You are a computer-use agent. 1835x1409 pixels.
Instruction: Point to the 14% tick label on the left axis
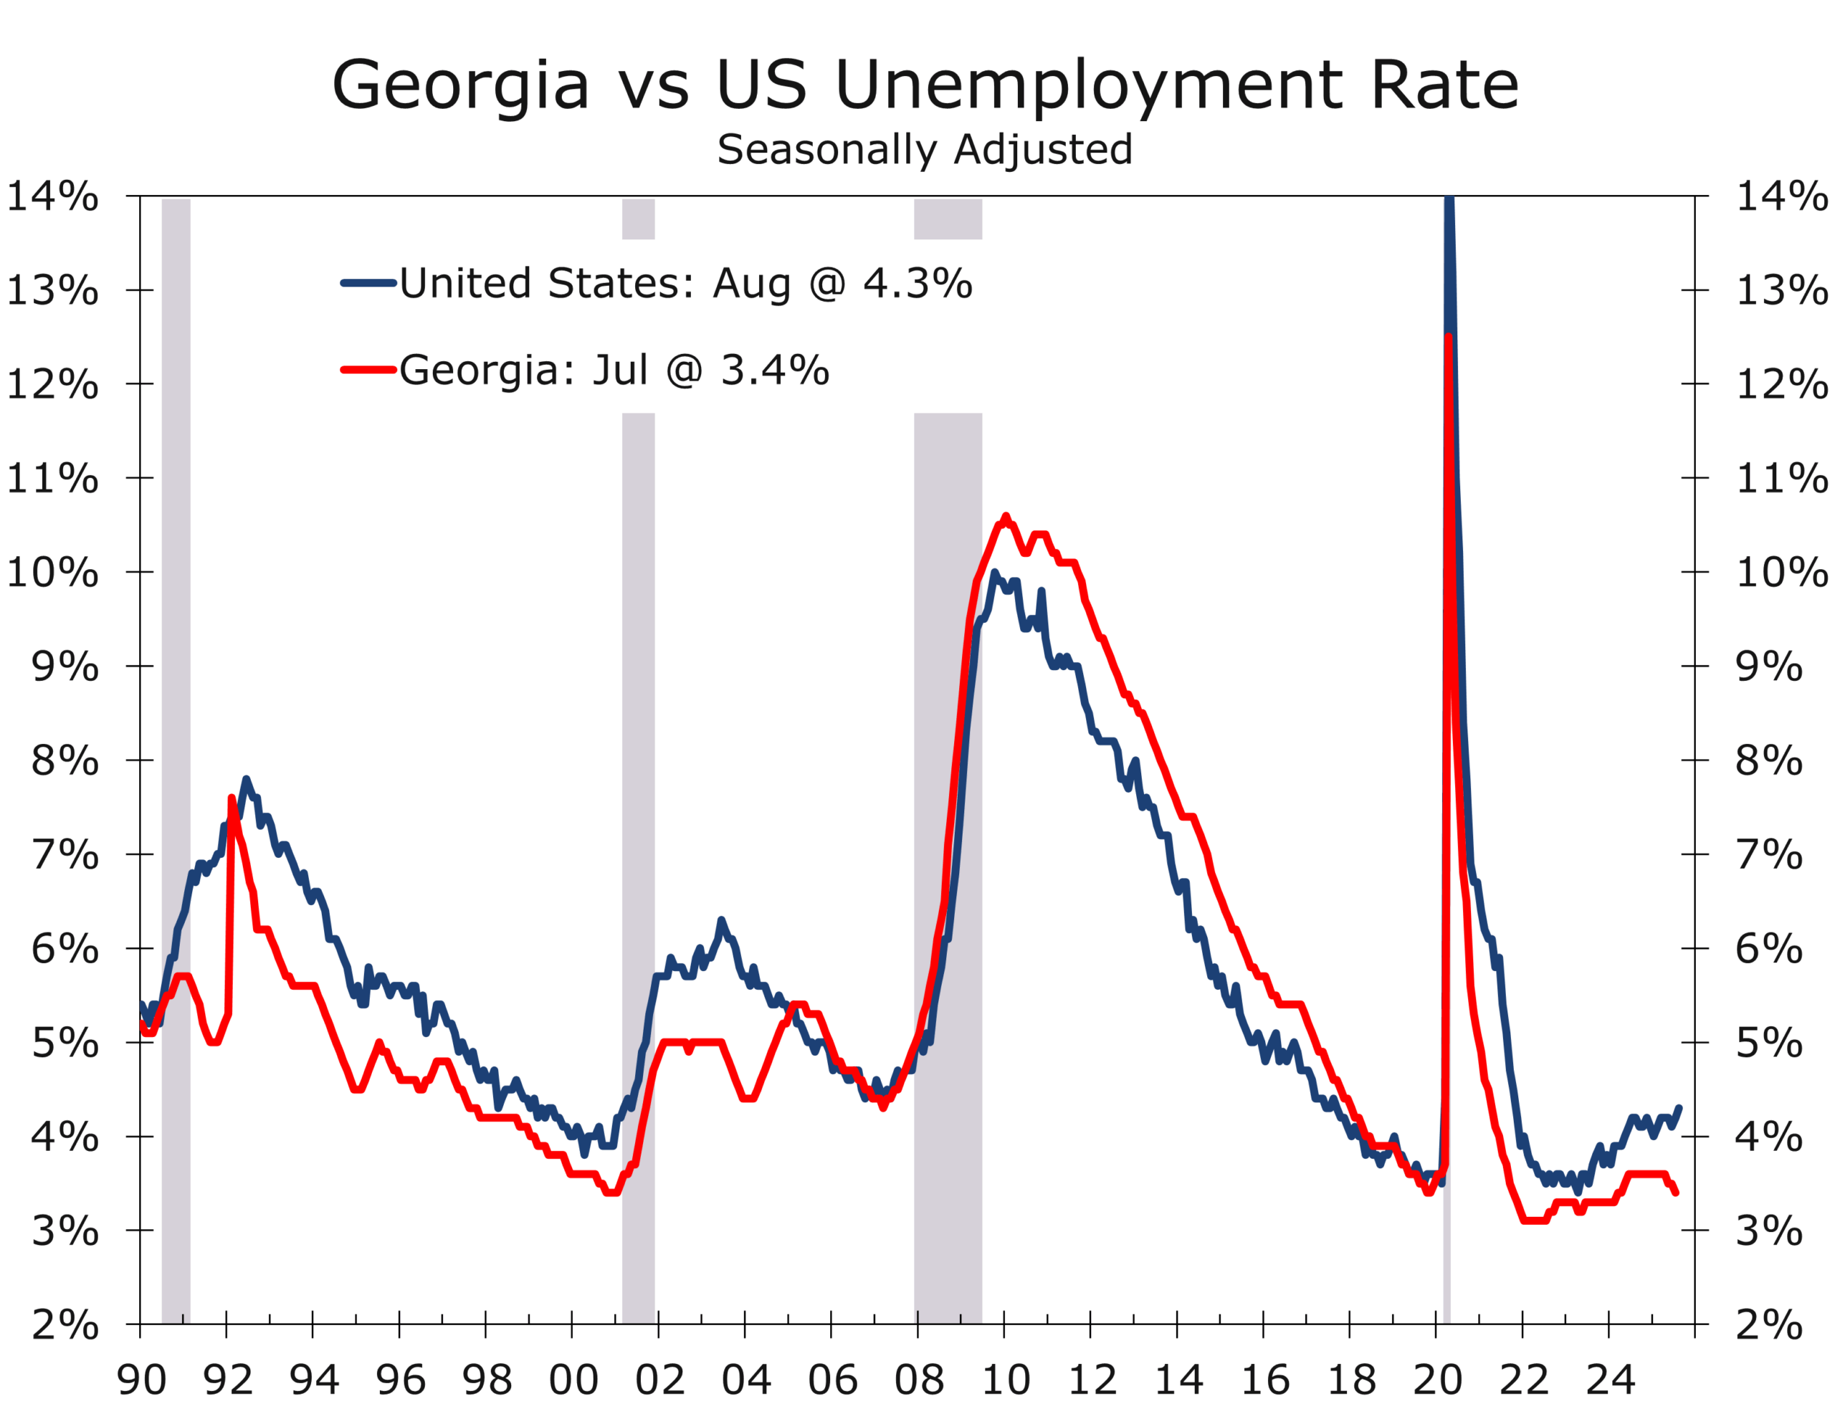(x=52, y=197)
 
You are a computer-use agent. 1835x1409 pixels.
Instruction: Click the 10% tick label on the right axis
(x=1781, y=573)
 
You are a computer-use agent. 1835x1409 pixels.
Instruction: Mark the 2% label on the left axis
(x=65, y=1326)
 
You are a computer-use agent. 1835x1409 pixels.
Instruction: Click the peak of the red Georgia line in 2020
(x=1449, y=336)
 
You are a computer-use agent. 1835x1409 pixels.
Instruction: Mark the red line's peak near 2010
(x=1006, y=517)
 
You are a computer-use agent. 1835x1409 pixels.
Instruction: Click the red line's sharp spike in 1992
(x=232, y=798)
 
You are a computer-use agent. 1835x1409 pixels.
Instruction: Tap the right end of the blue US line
(x=1679, y=1108)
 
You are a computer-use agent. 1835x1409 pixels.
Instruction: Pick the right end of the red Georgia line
(x=1676, y=1193)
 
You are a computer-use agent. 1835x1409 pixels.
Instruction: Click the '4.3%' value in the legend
(x=917, y=284)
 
